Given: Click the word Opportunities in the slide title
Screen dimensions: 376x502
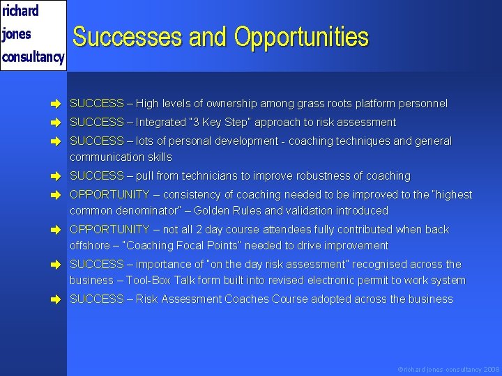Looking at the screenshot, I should [301, 38].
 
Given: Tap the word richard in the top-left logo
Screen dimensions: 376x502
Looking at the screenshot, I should [21, 11].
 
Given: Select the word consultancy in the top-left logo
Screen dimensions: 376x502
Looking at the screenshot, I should [33, 56].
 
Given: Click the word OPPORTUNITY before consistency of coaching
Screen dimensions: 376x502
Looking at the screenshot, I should [109, 195].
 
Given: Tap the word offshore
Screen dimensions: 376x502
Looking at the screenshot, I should [89, 245].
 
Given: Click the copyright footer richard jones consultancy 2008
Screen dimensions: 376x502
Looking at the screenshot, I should [448, 368].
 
